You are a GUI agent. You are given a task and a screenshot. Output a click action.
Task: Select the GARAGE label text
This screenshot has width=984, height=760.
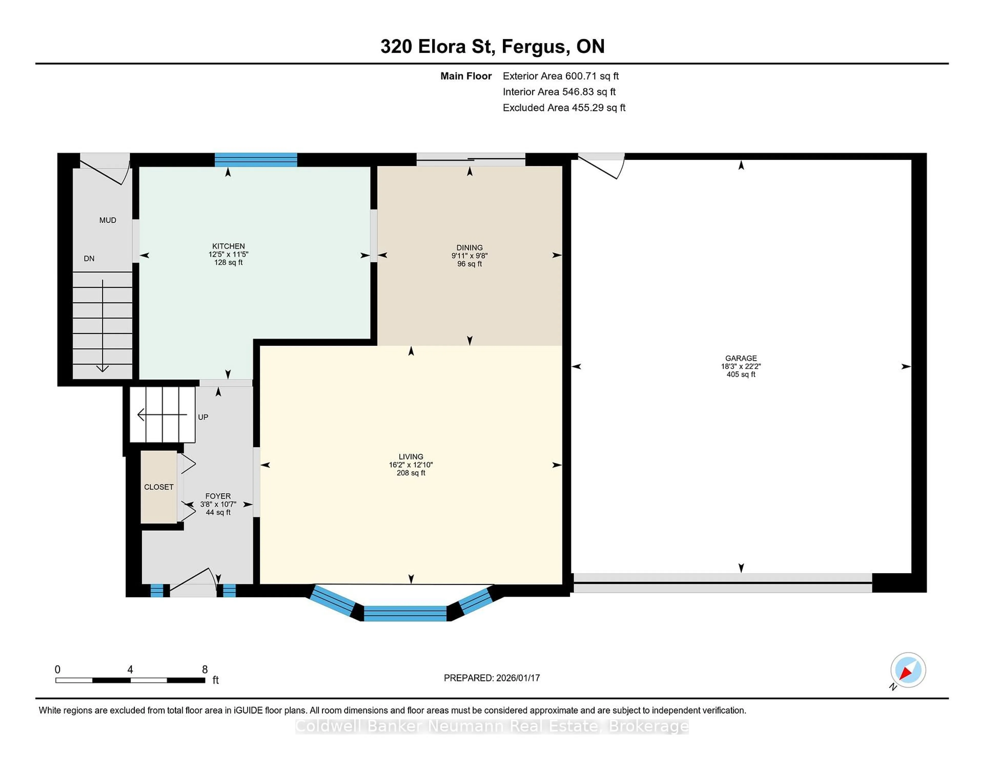click(x=741, y=358)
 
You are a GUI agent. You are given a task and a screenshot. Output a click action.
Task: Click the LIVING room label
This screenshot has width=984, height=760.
click(x=411, y=457)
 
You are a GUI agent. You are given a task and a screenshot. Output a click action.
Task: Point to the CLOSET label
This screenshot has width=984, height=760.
click(x=159, y=487)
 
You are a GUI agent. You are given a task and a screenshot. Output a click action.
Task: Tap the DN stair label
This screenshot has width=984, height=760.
click(x=89, y=258)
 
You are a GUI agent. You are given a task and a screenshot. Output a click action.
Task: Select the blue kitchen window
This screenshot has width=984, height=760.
click(x=255, y=160)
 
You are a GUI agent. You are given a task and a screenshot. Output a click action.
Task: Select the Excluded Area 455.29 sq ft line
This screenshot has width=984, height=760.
click(x=564, y=108)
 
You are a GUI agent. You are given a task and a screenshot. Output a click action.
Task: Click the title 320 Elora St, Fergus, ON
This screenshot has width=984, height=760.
click(x=492, y=46)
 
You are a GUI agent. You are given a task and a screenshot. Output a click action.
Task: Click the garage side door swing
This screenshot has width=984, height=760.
click(x=601, y=167)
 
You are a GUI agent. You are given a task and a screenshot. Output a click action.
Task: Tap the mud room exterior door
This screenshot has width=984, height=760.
click(x=105, y=170)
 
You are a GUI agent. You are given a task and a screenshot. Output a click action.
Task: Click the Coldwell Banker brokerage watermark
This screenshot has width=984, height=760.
click(x=491, y=726)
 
